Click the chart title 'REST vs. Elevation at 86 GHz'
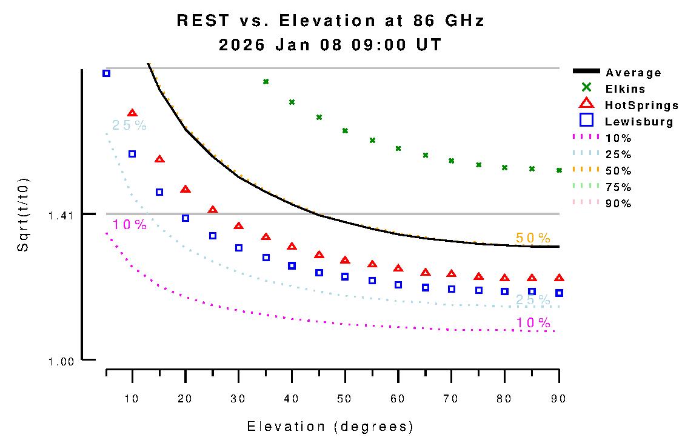coord(330,21)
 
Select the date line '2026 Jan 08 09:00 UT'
coord(330,45)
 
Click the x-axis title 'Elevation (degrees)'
coord(330,427)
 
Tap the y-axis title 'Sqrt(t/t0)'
coord(23,215)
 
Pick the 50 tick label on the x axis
coord(345,399)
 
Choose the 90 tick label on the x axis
coord(558,399)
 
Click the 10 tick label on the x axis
coord(132,399)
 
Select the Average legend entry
coord(634,73)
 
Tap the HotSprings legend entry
coord(641,105)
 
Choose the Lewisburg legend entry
coord(639,122)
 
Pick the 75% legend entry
coord(618,187)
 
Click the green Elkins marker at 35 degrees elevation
coord(266,81)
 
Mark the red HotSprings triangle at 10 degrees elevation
coord(132,113)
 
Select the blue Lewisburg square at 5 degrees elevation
coord(106,73)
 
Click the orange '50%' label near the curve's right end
coord(533,238)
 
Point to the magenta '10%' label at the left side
coord(130,225)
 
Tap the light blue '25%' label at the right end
coord(533,300)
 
